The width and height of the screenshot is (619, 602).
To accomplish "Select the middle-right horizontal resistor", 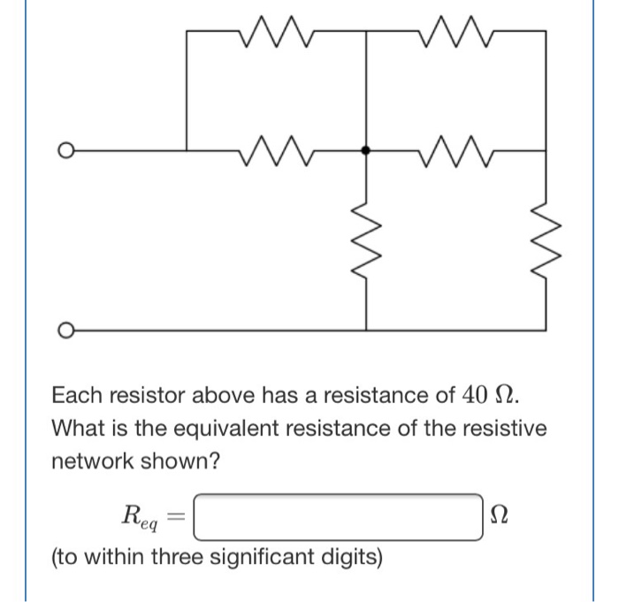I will click(x=456, y=149).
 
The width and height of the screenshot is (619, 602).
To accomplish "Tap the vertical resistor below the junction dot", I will click(x=366, y=237).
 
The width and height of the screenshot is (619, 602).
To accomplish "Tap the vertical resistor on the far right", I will click(x=546, y=237).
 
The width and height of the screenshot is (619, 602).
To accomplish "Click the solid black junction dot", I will click(x=366, y=150).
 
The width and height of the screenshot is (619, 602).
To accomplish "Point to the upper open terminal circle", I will click(x=63, y=150).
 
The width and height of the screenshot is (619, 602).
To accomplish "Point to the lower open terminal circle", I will click(x=63, y=330).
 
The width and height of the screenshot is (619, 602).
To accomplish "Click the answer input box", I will click(x=338, y=516).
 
